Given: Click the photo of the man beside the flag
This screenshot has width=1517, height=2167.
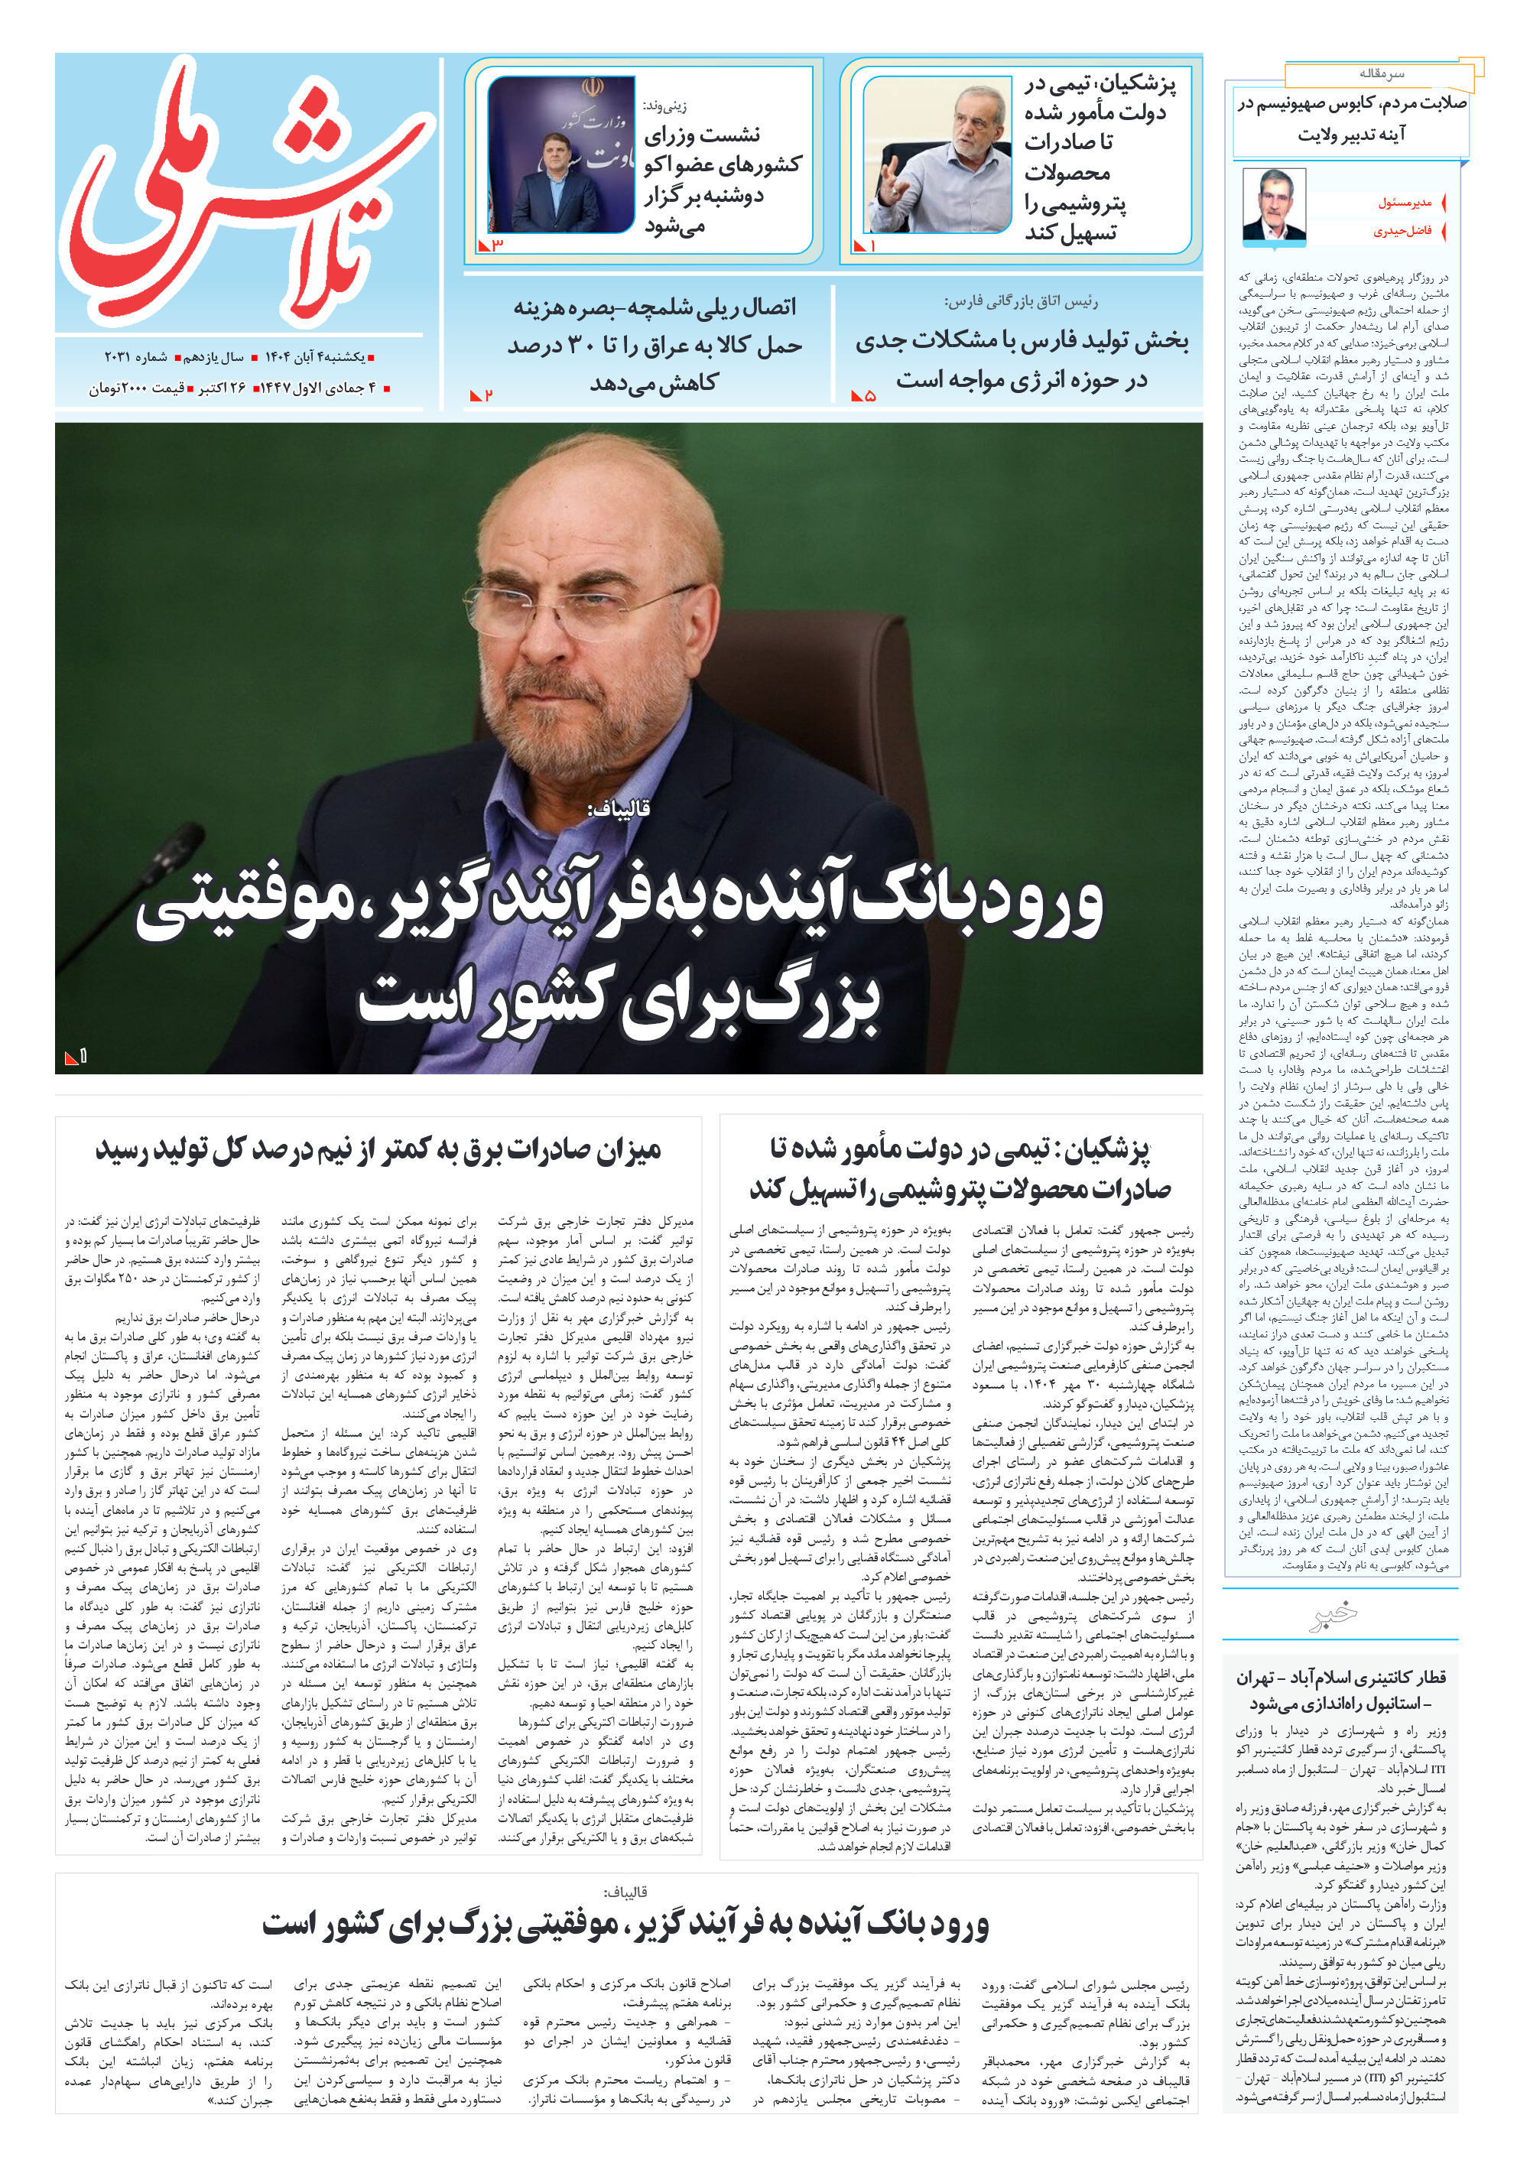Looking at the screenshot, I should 560,154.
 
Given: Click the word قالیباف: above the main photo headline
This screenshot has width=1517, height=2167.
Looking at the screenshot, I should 619,808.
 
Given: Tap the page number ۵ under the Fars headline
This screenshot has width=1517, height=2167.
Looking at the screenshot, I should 869,396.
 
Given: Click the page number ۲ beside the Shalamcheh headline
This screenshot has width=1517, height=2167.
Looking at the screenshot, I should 487,395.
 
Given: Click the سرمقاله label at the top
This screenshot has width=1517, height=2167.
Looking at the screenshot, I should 1381,73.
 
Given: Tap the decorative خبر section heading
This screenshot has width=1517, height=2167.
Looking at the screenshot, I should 1336,1616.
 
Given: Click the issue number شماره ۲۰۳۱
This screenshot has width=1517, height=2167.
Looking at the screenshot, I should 135,358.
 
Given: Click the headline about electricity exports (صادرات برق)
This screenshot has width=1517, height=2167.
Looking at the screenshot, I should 378,1151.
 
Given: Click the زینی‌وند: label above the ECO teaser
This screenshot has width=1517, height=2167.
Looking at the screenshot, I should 664,106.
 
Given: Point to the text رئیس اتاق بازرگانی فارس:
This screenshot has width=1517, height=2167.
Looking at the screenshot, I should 1021,302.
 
